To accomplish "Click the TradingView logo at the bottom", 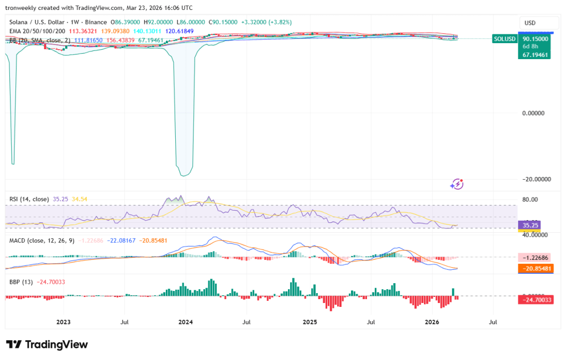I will coord(47,344).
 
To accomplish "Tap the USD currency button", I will coord(530,23).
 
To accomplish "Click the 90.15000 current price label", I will coord(535,39).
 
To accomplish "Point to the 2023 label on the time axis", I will coord(63,321).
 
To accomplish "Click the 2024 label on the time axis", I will coord(186,321).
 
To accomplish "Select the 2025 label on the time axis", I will coord(310,321).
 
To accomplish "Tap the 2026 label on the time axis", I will coord(432,321).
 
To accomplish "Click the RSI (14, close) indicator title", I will coord(29,199).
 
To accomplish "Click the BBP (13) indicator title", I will coord(21,281).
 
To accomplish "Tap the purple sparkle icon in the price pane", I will coord(457,184).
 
